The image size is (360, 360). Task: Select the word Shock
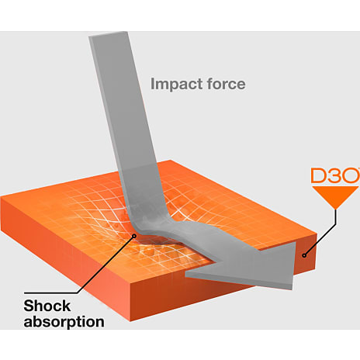coord(47,306)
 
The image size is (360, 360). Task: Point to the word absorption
coord(64,322)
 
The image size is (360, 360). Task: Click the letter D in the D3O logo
coord(318,176)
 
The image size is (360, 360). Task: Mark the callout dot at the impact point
coord(134,236)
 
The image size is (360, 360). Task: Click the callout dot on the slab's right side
coord(304,255)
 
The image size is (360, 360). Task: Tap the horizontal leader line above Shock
coord(50,293)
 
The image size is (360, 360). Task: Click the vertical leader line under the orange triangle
coord(336,216)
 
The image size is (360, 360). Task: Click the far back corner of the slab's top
coord(171,161)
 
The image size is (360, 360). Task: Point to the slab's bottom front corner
coord(130,321)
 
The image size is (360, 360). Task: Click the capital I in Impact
coord(152,84)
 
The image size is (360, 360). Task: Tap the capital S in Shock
coord(29,306)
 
